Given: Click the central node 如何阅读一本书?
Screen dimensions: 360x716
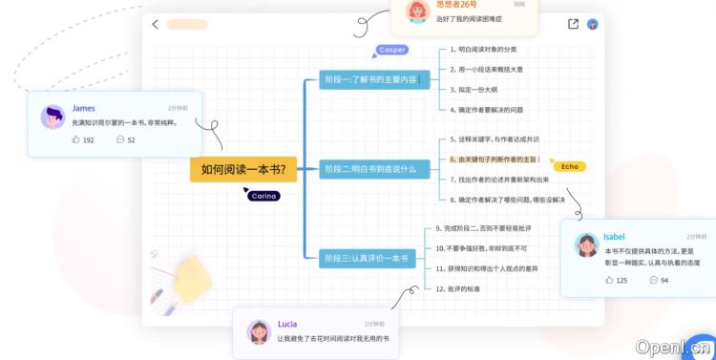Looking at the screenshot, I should tap(243, 170).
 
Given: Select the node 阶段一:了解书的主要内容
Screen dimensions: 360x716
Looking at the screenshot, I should tap(369, 79).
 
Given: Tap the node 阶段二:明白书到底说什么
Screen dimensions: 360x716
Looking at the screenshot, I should tap(369, 169).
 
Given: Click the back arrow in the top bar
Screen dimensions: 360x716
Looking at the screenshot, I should tap(156, 24).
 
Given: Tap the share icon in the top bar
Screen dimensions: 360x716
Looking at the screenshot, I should tap(573, 24).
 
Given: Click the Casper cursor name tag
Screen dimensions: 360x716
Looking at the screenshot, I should tap(392, 50).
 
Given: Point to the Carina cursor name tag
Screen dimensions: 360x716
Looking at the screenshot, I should tap(263, 196).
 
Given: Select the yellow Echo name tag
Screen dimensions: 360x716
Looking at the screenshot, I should tap(570, 166).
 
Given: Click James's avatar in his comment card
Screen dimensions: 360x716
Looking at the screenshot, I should tap(53, 117).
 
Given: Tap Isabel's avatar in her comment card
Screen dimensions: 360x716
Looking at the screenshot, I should tap(586, 244).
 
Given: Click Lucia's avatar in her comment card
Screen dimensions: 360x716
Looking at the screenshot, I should tap(259, 331).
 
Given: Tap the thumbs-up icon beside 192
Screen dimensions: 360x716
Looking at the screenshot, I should tap(75, 139).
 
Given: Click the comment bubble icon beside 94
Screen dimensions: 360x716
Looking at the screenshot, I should tap(654, 280).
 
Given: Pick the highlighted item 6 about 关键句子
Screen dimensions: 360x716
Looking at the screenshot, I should tap(493, 159).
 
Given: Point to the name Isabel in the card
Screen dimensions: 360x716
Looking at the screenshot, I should tap(614, 236).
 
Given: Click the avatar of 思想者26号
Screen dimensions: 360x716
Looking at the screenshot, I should tap(416, 11).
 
